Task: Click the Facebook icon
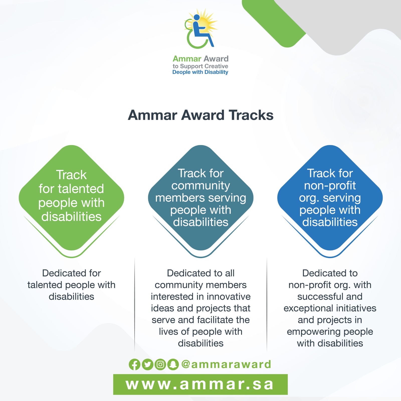[135, 364]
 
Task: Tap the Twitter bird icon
[148, 364]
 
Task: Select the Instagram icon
[160, 364]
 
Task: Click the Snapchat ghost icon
[173, 364]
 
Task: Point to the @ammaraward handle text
[226, 364]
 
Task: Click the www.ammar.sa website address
[200, 384]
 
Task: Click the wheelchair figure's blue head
[197, 17]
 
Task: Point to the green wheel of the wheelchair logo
[190, 40]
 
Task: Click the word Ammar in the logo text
[187, 59]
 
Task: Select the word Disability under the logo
[216, 72]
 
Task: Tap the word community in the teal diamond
[201, 186]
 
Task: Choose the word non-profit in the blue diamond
[330, 186]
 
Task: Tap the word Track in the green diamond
[71, 175]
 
